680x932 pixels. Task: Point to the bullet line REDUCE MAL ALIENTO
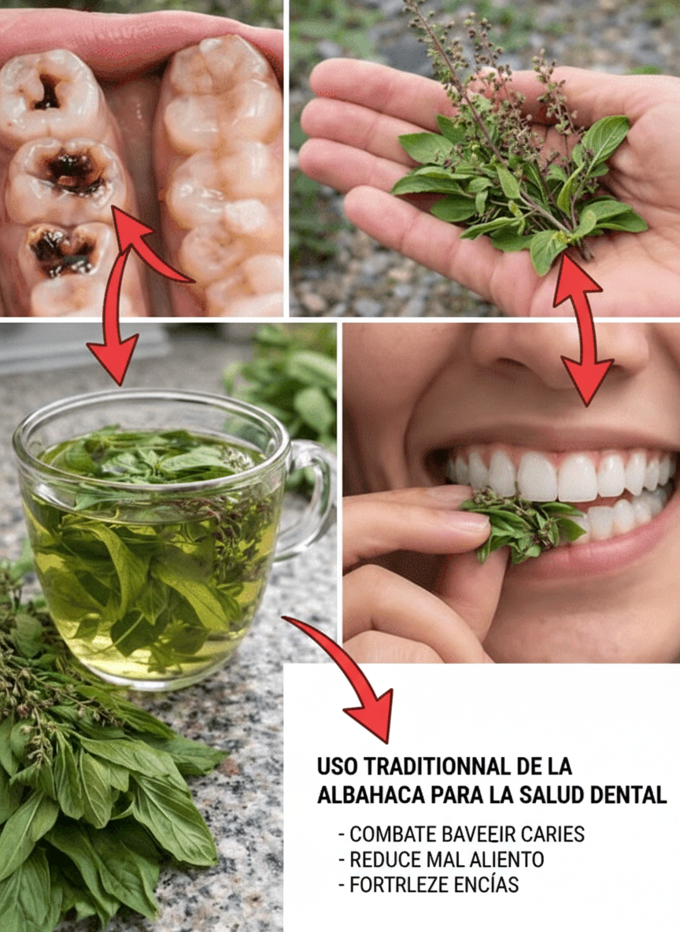(441, 860)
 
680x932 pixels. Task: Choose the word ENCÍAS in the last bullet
(486, 885)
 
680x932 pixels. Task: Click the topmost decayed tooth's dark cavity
(47, 91)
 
